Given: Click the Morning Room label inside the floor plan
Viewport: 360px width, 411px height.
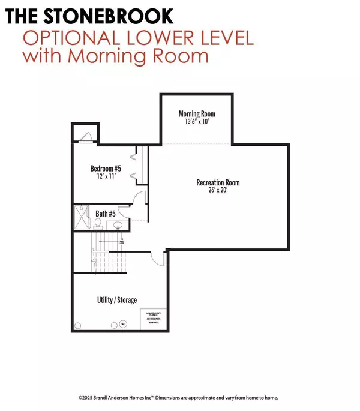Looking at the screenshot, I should (x=197, y=114).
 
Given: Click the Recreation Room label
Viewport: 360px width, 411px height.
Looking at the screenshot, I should (x=218, y=182).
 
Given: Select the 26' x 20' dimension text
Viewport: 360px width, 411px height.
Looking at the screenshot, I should (x=218, y=191).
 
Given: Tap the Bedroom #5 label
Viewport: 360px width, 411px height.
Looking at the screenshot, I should (x=106, y=169).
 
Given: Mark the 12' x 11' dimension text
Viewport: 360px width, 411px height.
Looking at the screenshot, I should (x=106, y=178).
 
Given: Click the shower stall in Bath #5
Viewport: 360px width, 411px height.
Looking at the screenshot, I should (x=83, y=214).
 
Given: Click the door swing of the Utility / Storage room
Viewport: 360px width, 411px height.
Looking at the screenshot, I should (x=157, y=259).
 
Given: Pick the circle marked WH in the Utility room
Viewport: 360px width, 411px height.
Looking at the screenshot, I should (x=123, y=324).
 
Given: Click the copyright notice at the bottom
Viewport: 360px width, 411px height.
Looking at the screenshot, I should (x=179, y=397).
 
